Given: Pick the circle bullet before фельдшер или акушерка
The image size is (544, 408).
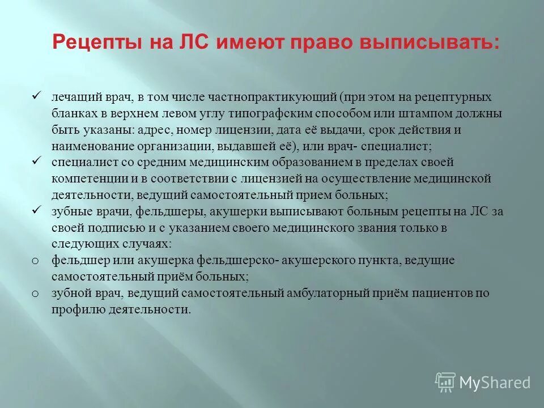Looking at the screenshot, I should point(35,261).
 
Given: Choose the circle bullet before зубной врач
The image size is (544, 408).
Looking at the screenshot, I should point(35,294).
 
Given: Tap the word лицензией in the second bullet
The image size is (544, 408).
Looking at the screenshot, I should point(267,179).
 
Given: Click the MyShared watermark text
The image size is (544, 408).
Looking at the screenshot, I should point(494,382).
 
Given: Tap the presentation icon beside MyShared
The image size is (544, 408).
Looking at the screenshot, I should point(445,382).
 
